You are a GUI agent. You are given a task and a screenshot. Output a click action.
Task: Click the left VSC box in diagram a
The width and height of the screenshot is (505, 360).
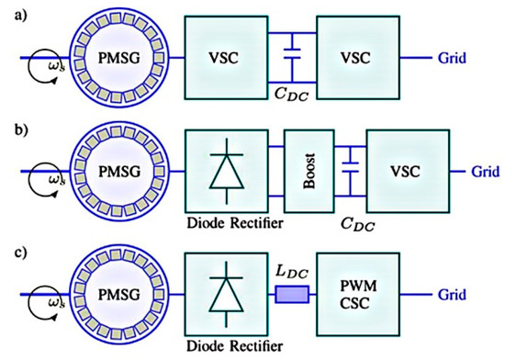coord(229,57)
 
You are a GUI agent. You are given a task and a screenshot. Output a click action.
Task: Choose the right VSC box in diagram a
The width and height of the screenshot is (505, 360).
coord(357,57)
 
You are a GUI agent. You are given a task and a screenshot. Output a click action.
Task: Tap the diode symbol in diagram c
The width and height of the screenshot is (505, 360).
coord(228,287)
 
